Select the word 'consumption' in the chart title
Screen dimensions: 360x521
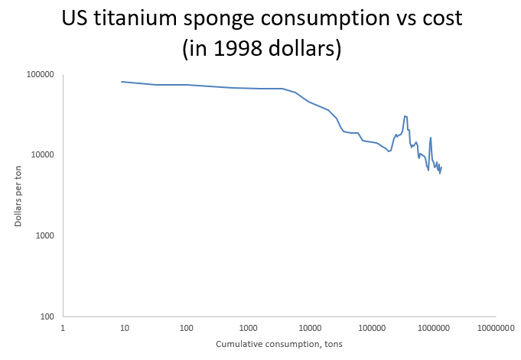(338, 19)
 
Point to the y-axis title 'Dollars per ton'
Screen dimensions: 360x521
(18, 195)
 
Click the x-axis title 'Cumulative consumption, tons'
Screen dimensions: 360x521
(278, 344)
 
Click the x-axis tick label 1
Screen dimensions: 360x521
(63, 327)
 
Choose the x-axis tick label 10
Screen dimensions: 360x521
(124, 327)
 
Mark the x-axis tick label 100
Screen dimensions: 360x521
(186, 327)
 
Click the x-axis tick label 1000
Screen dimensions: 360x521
(248, 327)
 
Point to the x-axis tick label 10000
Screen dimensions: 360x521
(309, 327)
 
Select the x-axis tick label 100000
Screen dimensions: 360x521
(371, 327)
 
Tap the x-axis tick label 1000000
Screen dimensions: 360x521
(433, 327)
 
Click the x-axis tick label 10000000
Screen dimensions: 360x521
(494, 327)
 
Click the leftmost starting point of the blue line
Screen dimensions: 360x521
(122, 82)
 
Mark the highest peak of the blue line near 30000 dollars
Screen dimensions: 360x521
(405, 116)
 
